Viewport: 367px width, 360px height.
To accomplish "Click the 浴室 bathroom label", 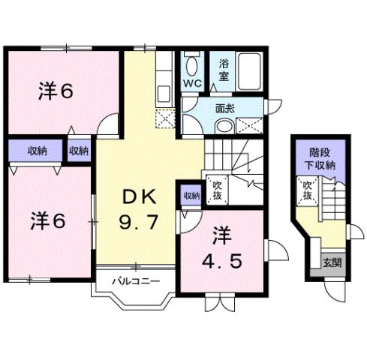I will click(223, 70).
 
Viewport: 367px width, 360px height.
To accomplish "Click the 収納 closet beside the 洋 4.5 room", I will click(191, 196).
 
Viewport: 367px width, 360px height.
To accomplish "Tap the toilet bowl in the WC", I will click(191, 65).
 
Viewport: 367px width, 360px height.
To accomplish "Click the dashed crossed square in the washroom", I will click(249, 125).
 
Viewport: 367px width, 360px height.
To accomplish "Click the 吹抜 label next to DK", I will click(216, 190).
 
